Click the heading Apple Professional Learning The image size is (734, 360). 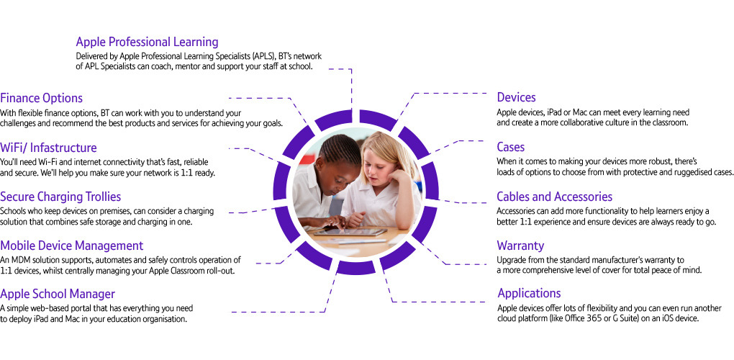pyautogui.click(x=147, y=42)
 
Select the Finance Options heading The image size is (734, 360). pyautogui.click(x=42, y=98)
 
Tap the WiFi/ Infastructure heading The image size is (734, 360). pyautogui.click(x=48, y=148)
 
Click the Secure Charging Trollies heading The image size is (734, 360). pyautogui.click(x=60, y=197)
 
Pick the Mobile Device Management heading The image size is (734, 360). pyautogui.click(x=71, y=246)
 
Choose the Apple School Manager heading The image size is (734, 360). pyautogui.click(x=58, y=294)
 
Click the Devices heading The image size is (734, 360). pyautogui.click(x=516, y=97)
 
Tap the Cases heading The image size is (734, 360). pyautogui.click(x=510, y=147)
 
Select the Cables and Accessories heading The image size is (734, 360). pyautogui.click(x=554, y=197)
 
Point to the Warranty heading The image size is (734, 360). pyautogui.click(x=520, y=246)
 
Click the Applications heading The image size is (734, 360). pyautogui.click(x=528, y=293)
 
